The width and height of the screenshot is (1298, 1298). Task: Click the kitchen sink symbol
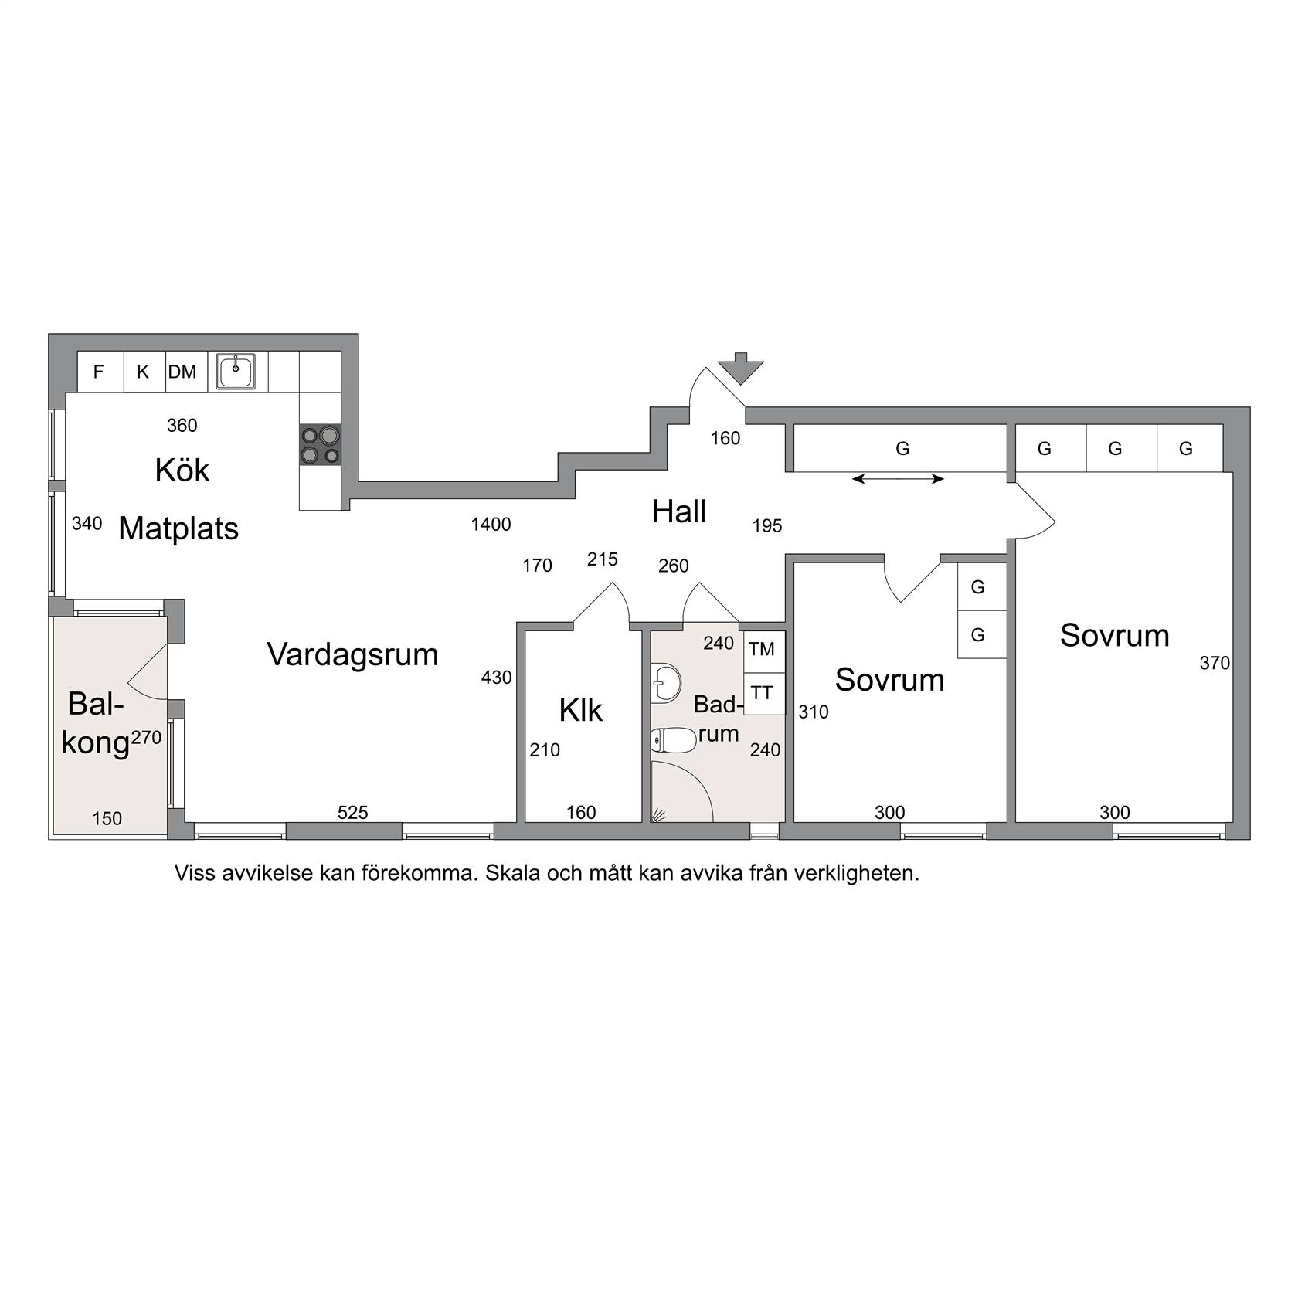click(236, 372)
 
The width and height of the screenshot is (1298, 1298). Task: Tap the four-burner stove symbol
click(321, 445)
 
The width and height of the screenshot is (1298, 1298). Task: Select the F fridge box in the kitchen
click(100, 372)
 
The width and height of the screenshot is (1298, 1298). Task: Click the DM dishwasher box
click(182, 372)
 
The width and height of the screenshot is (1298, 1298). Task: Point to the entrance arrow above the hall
click(740, 368)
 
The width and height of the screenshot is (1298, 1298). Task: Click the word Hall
click(679, 512)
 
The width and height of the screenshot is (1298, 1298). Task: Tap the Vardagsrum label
click(352, 654)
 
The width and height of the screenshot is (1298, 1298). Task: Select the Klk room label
click(581, 710)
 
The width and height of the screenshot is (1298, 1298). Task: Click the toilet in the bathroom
click(668, 741)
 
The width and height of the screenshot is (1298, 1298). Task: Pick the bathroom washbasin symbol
click(666, 682)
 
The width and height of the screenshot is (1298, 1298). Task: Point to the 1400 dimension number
click(491, 525)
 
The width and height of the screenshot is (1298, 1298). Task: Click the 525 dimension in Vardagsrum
click(353, 812)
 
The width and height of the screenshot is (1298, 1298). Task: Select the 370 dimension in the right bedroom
click(1215, 663)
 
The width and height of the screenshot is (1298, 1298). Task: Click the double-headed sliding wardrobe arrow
click(898, 479)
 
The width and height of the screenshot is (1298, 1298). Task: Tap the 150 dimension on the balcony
click(107, 818)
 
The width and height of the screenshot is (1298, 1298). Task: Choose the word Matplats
click(178, 529)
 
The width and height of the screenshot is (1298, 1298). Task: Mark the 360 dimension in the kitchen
click(182, 426)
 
